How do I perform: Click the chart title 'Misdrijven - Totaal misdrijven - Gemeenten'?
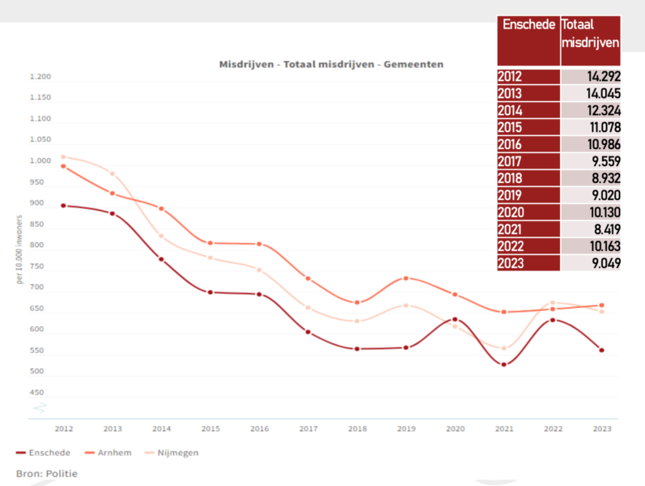tap(331, 64)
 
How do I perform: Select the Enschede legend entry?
tap(43, 453)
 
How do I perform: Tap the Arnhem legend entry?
tap(108, 453)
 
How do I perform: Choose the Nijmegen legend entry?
tap(172, 453)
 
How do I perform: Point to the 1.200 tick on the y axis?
tap(40, 77)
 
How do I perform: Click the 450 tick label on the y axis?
tap(36, 393)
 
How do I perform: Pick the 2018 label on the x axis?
tap(357, 428)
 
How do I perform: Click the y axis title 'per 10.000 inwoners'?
tap(19, 249)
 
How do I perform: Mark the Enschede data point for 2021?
tap(504, 364)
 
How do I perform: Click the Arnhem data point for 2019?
tap(406, 279)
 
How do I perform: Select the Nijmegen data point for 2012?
tap(63, 157)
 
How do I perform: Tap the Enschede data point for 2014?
tap(161, 259)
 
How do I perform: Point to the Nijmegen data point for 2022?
tap(553, 303)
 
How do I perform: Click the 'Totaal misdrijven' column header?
tap(590, 33)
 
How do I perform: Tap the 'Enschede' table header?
tap(528, 25)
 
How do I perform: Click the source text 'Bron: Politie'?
tap(47, 474)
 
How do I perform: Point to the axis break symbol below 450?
tap(40, 407)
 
